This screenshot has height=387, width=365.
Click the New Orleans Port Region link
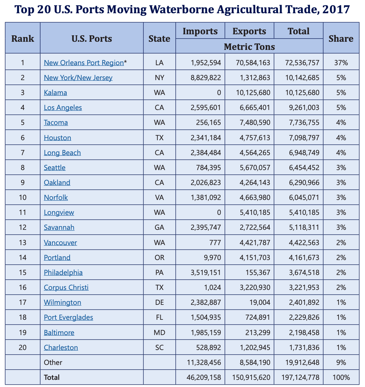(x=84, y=62)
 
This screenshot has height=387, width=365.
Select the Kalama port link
(x=55, y=93)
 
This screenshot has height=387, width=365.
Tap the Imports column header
(x=200, y=31)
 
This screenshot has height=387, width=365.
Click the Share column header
(x=341, y=38)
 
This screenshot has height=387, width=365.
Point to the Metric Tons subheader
(x=249, y=46)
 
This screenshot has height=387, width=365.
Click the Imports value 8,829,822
(x=206, y=78)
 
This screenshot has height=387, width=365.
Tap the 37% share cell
(x=341, y=62)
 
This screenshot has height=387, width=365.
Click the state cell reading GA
(x=159, y=227)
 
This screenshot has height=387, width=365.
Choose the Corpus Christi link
(x=66, y=288)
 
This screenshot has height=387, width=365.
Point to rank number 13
(x=23, y=242)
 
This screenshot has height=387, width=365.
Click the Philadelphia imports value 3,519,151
(x=206, y=273)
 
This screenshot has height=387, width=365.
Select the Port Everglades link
(x=68, y=317)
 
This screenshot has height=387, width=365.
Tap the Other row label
(x=53, y=363)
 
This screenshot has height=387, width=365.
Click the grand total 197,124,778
(x=300, y=377)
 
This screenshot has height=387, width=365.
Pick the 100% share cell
(x=341, y=377)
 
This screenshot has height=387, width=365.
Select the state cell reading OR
(x=159, y=258)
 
